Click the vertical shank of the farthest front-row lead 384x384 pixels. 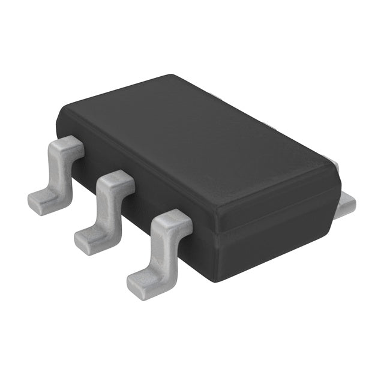(60, 171)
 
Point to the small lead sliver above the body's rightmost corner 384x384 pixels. (336, 165)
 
